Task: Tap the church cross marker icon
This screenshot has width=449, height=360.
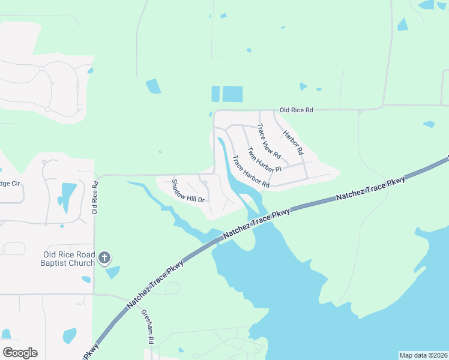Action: coord(104,259)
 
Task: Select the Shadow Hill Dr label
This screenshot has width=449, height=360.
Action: coord(188,191)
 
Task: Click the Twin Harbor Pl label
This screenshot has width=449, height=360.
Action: coord(264,160)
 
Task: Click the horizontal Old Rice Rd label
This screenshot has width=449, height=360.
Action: coord(297,110)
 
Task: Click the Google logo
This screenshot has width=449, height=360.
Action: coord(20,353)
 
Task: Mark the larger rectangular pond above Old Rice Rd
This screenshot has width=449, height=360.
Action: coord(232,94)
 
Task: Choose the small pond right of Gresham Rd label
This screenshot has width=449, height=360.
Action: coord(181,350)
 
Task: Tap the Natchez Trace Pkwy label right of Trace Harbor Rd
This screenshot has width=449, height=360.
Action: coord(370,188)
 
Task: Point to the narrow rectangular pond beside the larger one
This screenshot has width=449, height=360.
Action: coord(215,94)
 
